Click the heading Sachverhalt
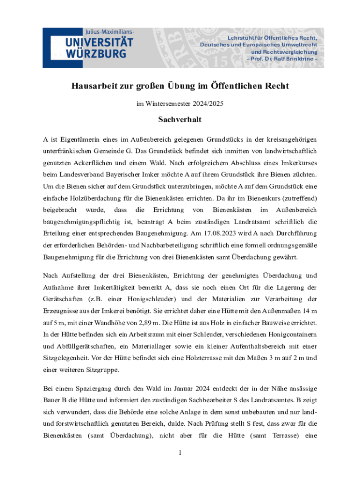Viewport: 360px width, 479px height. pos(180,120)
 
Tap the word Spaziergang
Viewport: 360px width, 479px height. pos(97,390)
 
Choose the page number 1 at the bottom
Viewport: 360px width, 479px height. pos(180,453)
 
